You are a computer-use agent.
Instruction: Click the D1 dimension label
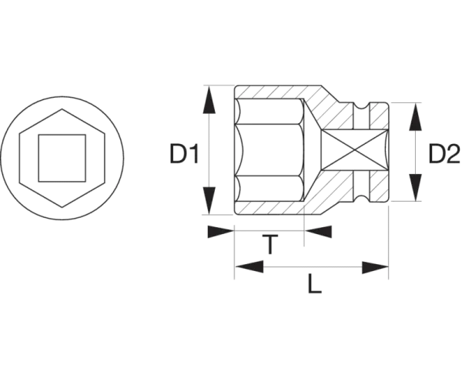tap(185, 154)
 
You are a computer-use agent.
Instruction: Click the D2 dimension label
tap(444, 154)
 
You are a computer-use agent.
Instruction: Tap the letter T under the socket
tap(269, 245)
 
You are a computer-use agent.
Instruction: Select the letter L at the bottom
tap(314, 283)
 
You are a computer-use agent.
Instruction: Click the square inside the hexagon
tap(62, 158)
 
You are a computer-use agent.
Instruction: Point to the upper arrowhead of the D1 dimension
tap(209, 100)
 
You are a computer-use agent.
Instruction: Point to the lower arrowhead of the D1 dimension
tap(209, 201)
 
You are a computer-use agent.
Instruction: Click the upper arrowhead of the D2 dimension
tap(416, 116)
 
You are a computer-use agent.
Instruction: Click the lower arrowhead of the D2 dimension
tap(416, 188)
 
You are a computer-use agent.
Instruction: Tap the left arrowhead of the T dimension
tap(221, 232)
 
